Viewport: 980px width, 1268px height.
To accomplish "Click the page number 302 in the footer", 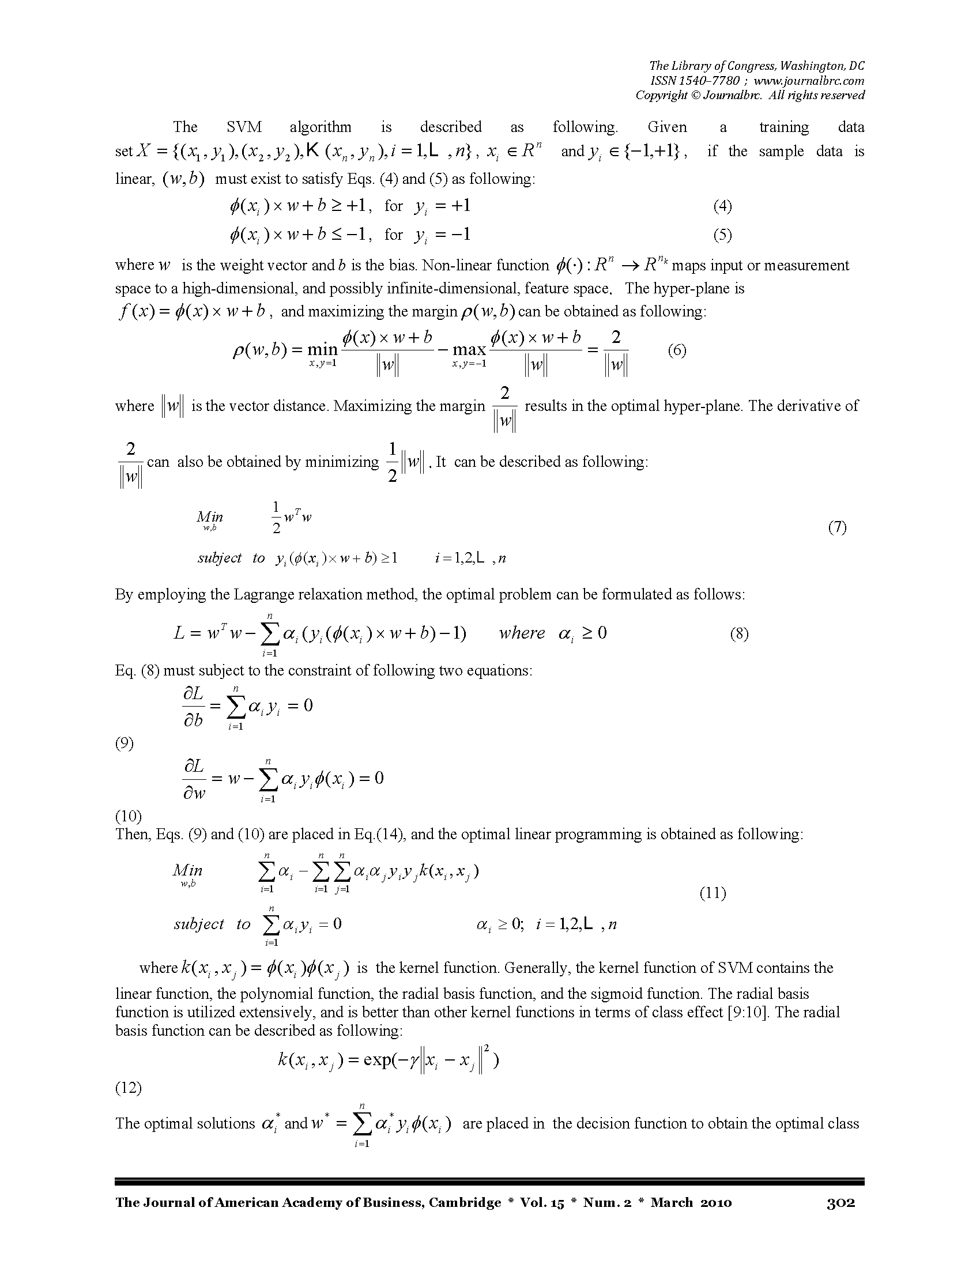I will (840, 1202).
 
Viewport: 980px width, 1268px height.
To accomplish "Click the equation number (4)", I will (722, 206).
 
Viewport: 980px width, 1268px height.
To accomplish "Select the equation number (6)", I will (677, 350).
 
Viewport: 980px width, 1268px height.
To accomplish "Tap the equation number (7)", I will (837, 527).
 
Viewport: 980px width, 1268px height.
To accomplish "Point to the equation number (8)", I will (739, 633).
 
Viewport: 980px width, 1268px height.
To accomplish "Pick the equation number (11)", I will (713, 893).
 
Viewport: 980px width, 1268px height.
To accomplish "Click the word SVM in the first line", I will (244, 127).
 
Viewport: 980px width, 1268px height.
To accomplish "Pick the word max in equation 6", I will (469, 349).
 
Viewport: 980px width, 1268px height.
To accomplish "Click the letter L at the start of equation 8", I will (179, 633).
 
